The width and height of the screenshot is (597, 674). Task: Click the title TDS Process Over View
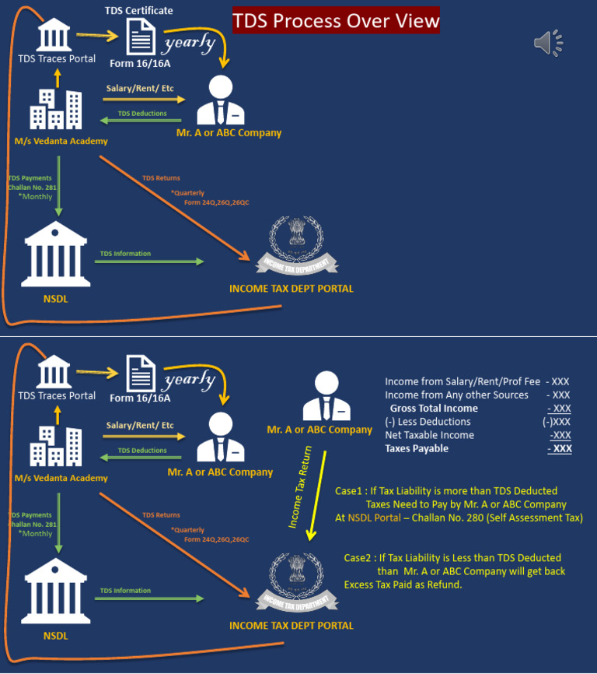336,20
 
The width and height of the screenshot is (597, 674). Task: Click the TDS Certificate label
139,10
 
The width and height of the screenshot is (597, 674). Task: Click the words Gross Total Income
434,408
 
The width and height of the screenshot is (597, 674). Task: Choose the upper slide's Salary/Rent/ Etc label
140,88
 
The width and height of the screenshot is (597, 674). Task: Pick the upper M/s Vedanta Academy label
61,141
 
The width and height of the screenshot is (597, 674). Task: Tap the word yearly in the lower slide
189,379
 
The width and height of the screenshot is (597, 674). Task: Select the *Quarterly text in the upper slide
187,192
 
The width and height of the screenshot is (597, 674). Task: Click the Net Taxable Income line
429,435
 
